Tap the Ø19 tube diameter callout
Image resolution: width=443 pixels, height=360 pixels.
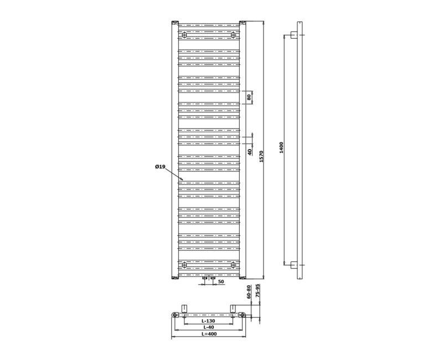click(x=160, y=167)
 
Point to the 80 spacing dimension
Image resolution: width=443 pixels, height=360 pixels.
click(x=249, y=97)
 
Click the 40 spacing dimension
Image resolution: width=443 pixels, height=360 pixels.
click(x=249, y=152)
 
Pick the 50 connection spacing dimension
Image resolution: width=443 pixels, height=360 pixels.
click(x=220, y=282)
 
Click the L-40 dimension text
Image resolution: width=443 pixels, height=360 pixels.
click(x=208, y=327)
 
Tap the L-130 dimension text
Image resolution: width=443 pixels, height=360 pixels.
click(x=208, y=321)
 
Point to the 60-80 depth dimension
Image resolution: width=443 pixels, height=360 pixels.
click(x=249, y=292)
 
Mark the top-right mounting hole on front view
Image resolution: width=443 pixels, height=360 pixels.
click(x=234, y=35)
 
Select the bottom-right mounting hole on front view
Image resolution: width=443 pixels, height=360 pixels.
click(x=234, y=264)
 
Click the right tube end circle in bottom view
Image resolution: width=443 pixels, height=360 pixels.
click(x=243, y=315)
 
